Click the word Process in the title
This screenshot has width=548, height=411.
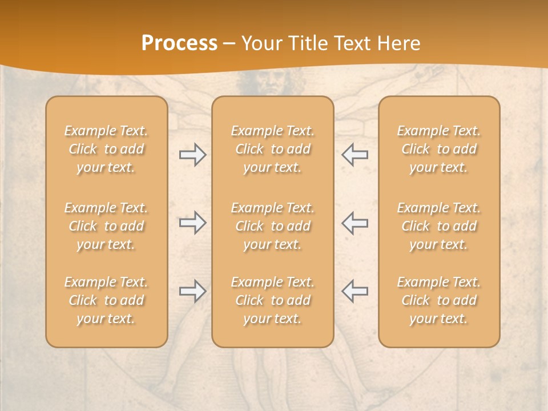pos(179,43)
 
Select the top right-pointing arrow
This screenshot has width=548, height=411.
pos(192,155)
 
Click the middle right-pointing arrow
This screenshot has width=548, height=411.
pos(192,223)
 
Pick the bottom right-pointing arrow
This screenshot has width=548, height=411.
pos(192,291)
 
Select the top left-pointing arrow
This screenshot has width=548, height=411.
pos(355,155)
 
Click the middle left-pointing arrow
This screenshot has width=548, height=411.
pos(355,223)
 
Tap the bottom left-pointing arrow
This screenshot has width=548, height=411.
pos(355,291)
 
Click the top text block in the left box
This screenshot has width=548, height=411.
pos(106,149)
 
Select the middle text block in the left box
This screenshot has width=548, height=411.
pos(106,226)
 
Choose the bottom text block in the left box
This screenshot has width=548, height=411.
pos(106,300)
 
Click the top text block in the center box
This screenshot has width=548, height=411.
pos(272,149)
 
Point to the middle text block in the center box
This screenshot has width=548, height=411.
pos(272,226)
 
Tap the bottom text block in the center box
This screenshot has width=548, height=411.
pos(272,300)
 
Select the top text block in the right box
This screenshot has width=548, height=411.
pos(439,149)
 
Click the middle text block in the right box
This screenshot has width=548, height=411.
pos(439,226)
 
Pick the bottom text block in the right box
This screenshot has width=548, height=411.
pos(439,300)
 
